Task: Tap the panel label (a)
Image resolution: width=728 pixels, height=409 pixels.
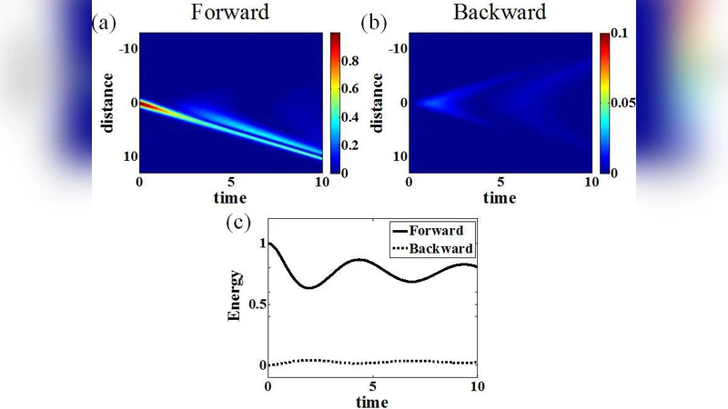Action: [x=104, y=23]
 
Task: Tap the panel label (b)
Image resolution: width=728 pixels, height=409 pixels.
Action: [x=375, y=23]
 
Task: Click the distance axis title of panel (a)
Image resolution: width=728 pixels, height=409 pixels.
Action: [x=110, y=102]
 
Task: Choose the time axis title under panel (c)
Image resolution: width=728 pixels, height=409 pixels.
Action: [x=372, y=401]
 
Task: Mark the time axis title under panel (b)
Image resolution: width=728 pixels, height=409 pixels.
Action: [x=500, y=197]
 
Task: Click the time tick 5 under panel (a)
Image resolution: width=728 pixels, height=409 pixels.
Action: [x=232, y=182]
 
